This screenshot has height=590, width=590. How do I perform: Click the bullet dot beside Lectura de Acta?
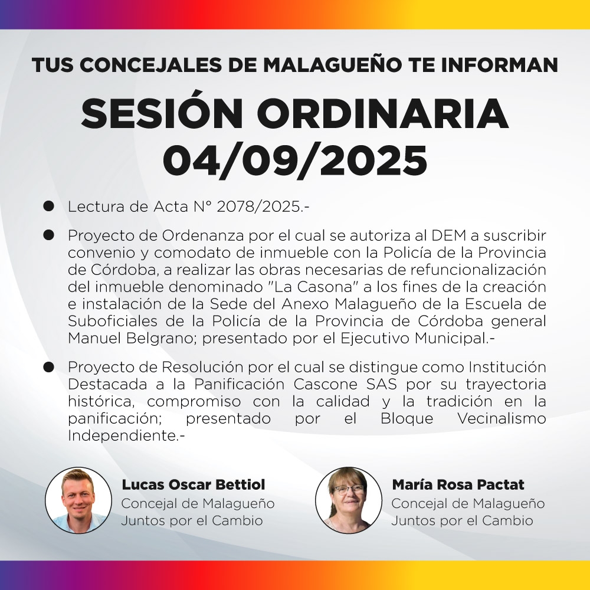point(49,206)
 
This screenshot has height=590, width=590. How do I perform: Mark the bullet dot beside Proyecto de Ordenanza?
point(49,235)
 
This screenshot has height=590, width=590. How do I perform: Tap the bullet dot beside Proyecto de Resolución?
point(49,366)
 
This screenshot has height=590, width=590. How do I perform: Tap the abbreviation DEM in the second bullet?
point(449,235)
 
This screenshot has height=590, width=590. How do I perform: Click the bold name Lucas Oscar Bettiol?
point(194,485)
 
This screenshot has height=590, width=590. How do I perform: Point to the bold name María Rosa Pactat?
point(458,485)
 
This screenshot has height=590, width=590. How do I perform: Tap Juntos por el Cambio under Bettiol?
point(192,521)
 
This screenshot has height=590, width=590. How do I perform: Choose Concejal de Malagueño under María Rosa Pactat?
point(468,504)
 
